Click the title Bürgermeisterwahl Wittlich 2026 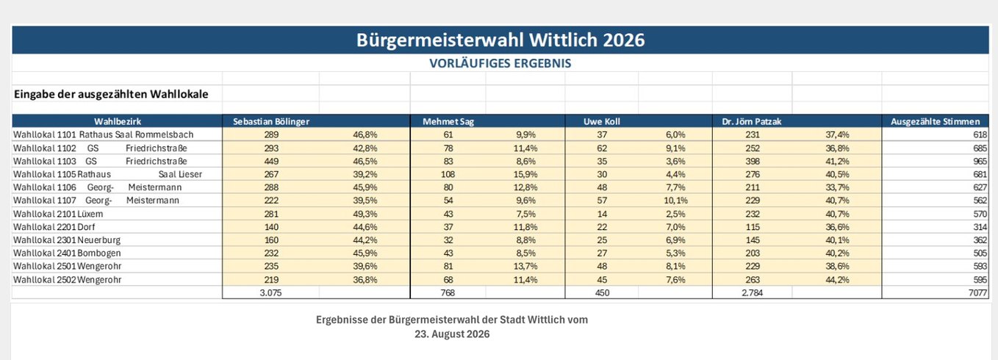pos(500,40)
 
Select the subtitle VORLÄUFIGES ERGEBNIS pos(500,63)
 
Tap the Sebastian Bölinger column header pos(271,121)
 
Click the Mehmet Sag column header pos(448,121)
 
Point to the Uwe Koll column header pos(601,121)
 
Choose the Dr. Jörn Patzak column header pos(752,121)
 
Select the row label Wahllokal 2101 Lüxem pos(58,214)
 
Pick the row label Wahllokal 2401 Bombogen pos(67,253)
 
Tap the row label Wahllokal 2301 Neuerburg pos(67,240)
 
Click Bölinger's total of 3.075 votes pos(271,292)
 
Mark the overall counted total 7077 pos(978,292)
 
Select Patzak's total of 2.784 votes pos(752,292)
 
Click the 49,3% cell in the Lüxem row pos(365,214)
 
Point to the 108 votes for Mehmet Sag pos(448,174)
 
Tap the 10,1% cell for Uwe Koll pos(676,201)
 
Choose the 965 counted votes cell pos(980,162)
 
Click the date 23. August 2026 pos(452,334)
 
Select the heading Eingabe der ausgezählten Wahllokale pos(111,94)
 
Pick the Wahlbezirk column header pos(118,121)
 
